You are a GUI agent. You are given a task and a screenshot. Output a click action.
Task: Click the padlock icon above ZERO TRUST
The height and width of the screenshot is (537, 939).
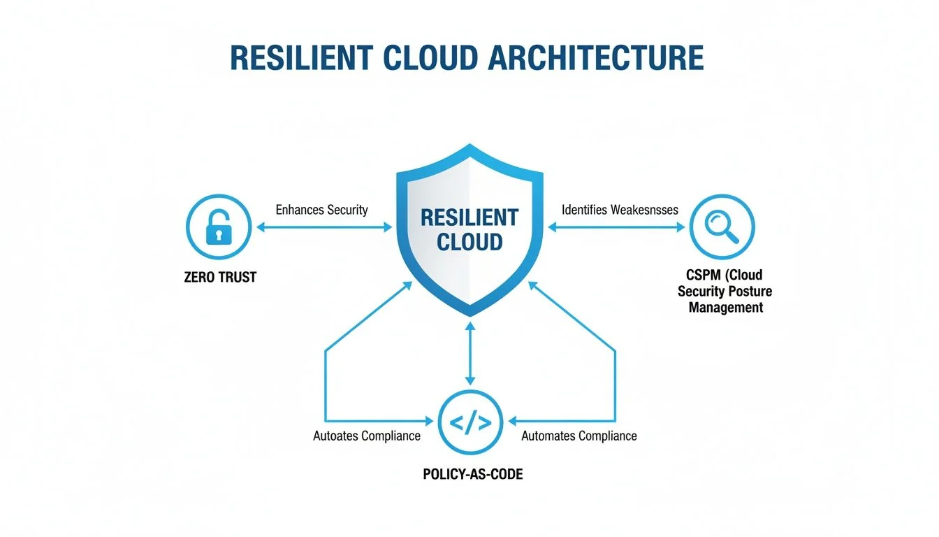coord(218,226)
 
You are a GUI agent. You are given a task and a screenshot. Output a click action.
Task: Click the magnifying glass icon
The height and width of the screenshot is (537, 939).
coord(722,226)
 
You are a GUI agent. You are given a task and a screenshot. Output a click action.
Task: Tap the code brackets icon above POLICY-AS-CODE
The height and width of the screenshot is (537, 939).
coord(469,422)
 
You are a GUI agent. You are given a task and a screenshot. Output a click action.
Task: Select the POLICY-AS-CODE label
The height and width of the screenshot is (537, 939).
coord(473,474)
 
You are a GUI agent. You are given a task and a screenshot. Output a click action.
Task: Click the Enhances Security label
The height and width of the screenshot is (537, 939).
coord(321,210)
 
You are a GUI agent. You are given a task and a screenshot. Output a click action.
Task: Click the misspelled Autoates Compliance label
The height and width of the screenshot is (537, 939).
coord(367,436)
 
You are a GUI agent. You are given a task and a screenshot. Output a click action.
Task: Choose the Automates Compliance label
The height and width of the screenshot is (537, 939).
coord(579,436)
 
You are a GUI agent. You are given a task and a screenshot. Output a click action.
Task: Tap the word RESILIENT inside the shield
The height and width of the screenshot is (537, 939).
coord(469,217)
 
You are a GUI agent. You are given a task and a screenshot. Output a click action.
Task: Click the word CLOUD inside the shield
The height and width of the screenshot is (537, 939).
coord(469,242)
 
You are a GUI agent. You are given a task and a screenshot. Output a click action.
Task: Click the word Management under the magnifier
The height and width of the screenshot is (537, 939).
coord(725,307)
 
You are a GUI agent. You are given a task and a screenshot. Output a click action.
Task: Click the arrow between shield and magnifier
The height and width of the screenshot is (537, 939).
coord(616,227)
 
